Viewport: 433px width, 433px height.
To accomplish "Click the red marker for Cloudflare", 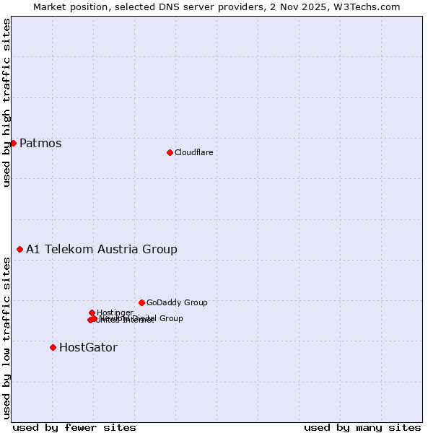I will tap(170, 152).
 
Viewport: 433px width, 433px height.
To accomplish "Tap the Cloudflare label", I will tap(193, 152).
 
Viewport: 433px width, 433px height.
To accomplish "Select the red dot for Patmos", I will tap(13, 143).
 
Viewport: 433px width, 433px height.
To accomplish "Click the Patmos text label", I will tap(40, 143).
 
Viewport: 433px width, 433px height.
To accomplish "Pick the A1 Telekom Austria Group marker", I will tap(19, 249).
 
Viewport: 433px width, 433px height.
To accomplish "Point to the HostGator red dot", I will tap(53, 347).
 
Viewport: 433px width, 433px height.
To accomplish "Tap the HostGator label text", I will tap(88, 347).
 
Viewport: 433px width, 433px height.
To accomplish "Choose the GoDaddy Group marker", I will tap(141, 302).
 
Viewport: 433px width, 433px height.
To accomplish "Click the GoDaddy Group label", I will tap(177, 302).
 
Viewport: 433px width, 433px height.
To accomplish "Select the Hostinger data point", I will tap(92, 312).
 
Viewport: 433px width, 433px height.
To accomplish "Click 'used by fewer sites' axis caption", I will tap(74, 427).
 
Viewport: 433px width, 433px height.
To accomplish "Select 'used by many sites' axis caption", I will tap(362, 427).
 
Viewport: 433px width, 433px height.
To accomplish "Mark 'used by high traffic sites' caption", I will tap(6, 103).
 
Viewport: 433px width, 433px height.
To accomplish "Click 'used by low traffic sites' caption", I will tap(6, 338).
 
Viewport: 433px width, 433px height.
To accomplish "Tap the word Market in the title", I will tap(49, 6).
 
